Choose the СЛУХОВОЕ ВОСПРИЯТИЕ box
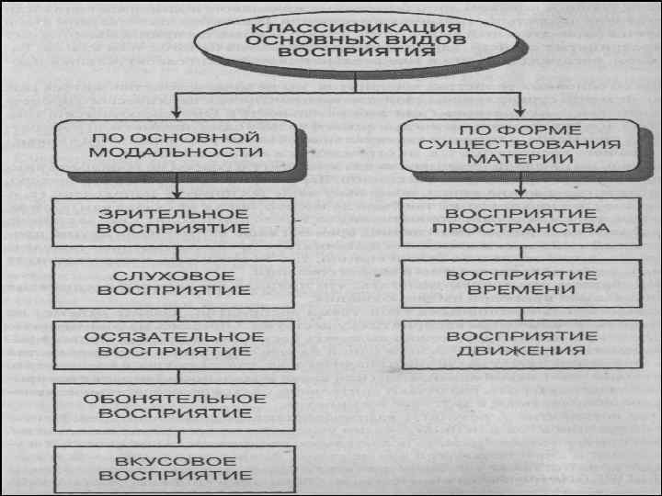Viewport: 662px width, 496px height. click(x=172, y=282)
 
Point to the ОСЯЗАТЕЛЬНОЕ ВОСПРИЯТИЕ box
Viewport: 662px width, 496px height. click(x=172, y=344)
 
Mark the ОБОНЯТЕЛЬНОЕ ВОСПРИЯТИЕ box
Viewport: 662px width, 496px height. click(x=172, y=405)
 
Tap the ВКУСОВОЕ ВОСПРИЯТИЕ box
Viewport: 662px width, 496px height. click(x=172, y=468)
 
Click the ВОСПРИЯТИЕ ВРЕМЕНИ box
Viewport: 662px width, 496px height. click(x=520, y=282)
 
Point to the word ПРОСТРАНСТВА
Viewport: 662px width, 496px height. click(x=520, y=227)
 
